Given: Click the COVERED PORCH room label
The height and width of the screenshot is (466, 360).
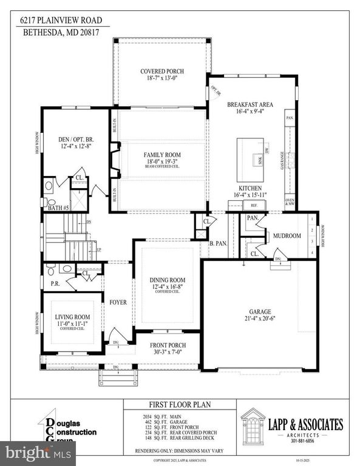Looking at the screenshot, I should tap(161, 72).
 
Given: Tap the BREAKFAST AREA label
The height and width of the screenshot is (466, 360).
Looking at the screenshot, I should tap(250, 104).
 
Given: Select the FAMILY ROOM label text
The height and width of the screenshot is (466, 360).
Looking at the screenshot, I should tap(162, 155).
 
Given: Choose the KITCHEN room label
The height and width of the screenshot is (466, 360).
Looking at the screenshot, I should tap(250, 188).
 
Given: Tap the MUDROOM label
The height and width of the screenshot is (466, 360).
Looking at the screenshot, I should tap(287, 235).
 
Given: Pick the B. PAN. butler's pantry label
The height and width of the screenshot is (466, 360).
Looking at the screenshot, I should tap(218, 243).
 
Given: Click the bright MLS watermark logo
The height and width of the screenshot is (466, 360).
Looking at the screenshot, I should tap(38, 452).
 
